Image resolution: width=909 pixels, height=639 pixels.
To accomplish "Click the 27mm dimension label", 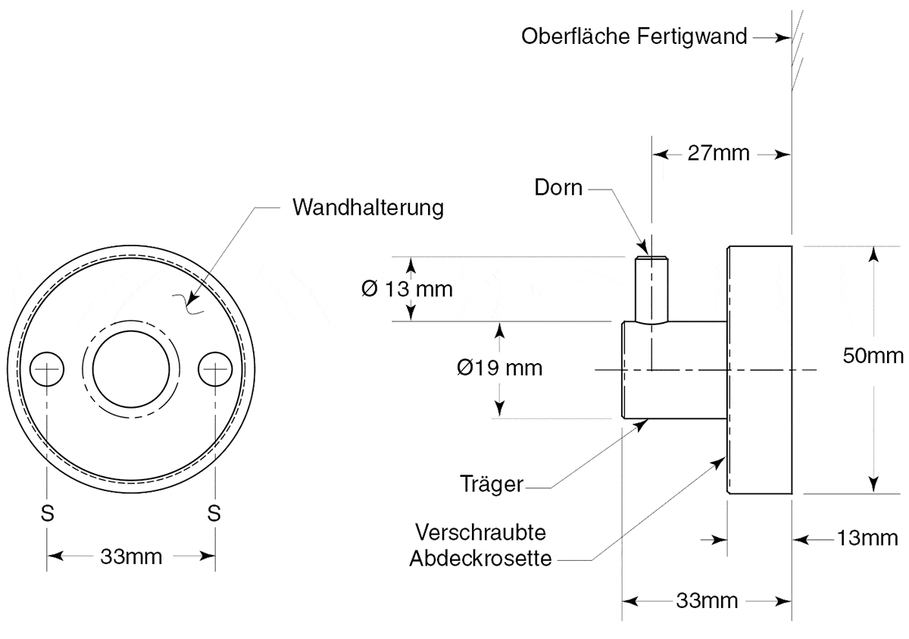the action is (718, 153).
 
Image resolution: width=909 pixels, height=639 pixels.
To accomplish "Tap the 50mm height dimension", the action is (873, 356).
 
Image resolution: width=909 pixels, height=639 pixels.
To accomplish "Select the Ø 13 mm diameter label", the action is (407, 289).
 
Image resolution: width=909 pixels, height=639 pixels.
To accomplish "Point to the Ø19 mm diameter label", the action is (499, 368).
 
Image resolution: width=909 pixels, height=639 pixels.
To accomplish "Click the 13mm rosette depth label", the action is (867, 538).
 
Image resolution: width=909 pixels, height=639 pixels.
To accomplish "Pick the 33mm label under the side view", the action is (707, 601).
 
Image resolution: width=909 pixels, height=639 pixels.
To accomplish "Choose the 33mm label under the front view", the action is (131, 556).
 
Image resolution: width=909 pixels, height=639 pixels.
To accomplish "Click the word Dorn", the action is (558, 187).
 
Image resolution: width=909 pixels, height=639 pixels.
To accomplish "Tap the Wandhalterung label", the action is (368, 208).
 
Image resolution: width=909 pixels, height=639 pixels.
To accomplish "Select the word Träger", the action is (492, 484).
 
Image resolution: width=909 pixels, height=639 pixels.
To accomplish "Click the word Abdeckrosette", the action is (480, 559).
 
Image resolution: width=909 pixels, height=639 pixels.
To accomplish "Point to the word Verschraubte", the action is (480, 532).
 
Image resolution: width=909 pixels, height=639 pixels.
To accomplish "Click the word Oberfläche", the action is (576, 36).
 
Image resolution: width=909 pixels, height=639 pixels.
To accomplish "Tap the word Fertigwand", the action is (692, 36).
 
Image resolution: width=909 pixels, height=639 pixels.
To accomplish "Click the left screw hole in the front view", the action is (47, 369).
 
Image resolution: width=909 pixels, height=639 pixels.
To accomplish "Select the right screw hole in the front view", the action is (215, 369).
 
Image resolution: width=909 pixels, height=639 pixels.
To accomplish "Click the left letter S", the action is (48, 513).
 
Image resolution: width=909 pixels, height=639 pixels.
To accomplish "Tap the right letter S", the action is (214, 513).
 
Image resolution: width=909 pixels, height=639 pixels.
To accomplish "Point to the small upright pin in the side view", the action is (651, 290).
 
